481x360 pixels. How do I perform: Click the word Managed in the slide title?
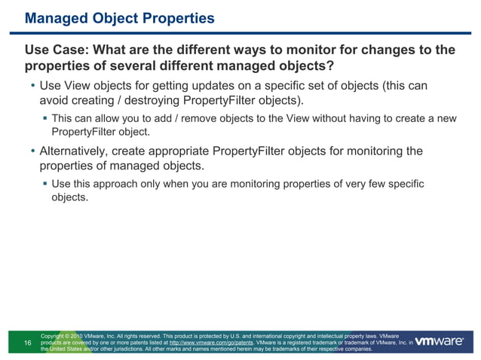(56, 17)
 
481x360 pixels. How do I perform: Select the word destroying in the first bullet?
(155, 101)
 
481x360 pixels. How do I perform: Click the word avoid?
(55, 101)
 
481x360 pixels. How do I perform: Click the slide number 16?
(28, 343)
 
